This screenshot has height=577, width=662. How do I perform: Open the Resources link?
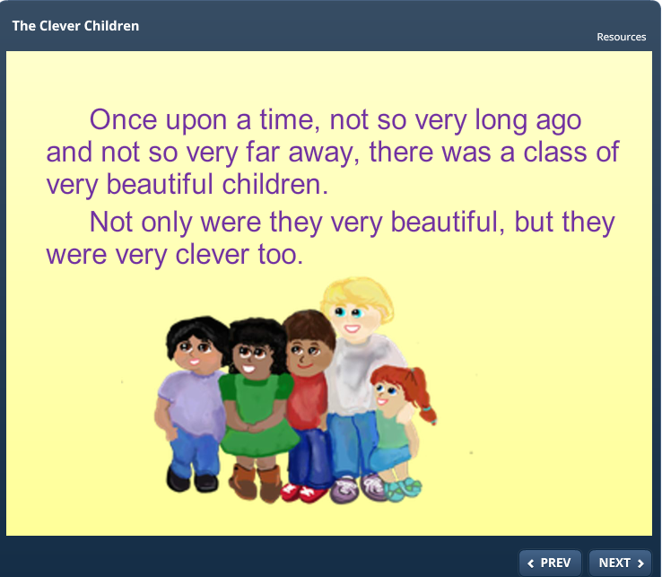(x=621, y=37)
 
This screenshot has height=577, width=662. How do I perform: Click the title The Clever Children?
(x=75, y=26)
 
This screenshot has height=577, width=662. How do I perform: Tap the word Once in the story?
(x=123, y=120)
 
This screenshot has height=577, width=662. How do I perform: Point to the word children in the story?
(x=274, y=185)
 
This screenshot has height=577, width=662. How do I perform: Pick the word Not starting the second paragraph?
(x=111, y=223)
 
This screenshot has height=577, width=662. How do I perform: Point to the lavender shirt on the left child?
(x=193, y=404)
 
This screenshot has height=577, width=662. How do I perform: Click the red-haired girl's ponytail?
(x=422, y=395)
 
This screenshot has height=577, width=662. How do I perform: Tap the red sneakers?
(x=304, y=493)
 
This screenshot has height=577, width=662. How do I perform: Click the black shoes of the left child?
(x=192, y=479)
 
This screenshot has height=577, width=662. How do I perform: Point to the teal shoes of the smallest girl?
(x=403, y=489)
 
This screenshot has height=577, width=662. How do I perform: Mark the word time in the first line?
(x=287, y=120)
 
